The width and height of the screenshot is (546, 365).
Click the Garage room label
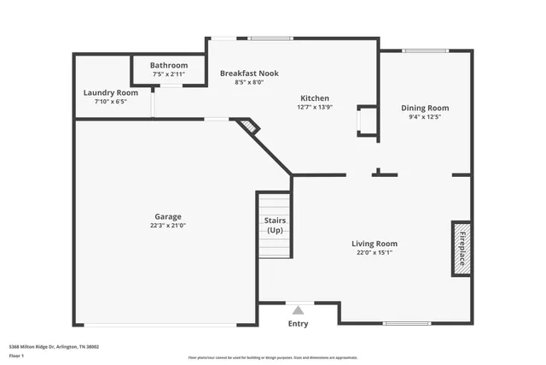coord(167,216)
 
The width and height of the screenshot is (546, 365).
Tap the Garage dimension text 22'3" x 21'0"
coord(167,226)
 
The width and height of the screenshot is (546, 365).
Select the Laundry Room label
coord(110,92)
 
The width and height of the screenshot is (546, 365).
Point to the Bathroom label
coord(169,65)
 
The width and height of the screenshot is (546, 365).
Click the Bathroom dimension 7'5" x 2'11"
coord(169,74)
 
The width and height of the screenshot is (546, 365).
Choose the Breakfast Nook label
coord(249,74)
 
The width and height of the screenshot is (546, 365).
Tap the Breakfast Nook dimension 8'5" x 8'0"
coord(249,83)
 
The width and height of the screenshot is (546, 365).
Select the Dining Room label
coord(425,108)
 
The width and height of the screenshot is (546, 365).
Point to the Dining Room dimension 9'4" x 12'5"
coord(425,117)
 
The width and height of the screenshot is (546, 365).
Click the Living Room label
coord(375,244)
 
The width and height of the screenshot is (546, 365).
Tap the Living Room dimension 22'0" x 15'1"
coord(375,253)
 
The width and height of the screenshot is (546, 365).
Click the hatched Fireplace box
coord(461,248)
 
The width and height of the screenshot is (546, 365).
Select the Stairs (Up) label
coord(275,226)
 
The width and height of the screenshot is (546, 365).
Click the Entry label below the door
coord(298,324)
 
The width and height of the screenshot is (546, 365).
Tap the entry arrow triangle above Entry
coord(298,311)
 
